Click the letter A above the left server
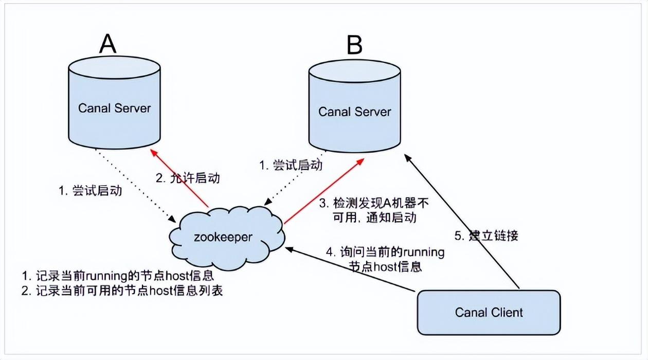[x=107, y=44]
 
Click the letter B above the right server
[x=354, y=46]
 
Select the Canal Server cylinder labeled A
[x=114, y=103]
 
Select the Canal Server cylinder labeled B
[x=354, y=108]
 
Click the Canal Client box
[x=488, y=312]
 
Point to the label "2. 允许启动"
[x=187, y=178]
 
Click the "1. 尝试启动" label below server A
[x=90, y=191]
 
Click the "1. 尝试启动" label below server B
[x=290, y=166]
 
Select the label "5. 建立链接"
[x=487, y=236]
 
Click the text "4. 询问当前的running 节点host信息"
[x=385, y=260]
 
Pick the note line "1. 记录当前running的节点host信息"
[x=117, y=276]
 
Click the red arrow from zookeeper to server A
[x=178, y=177]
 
